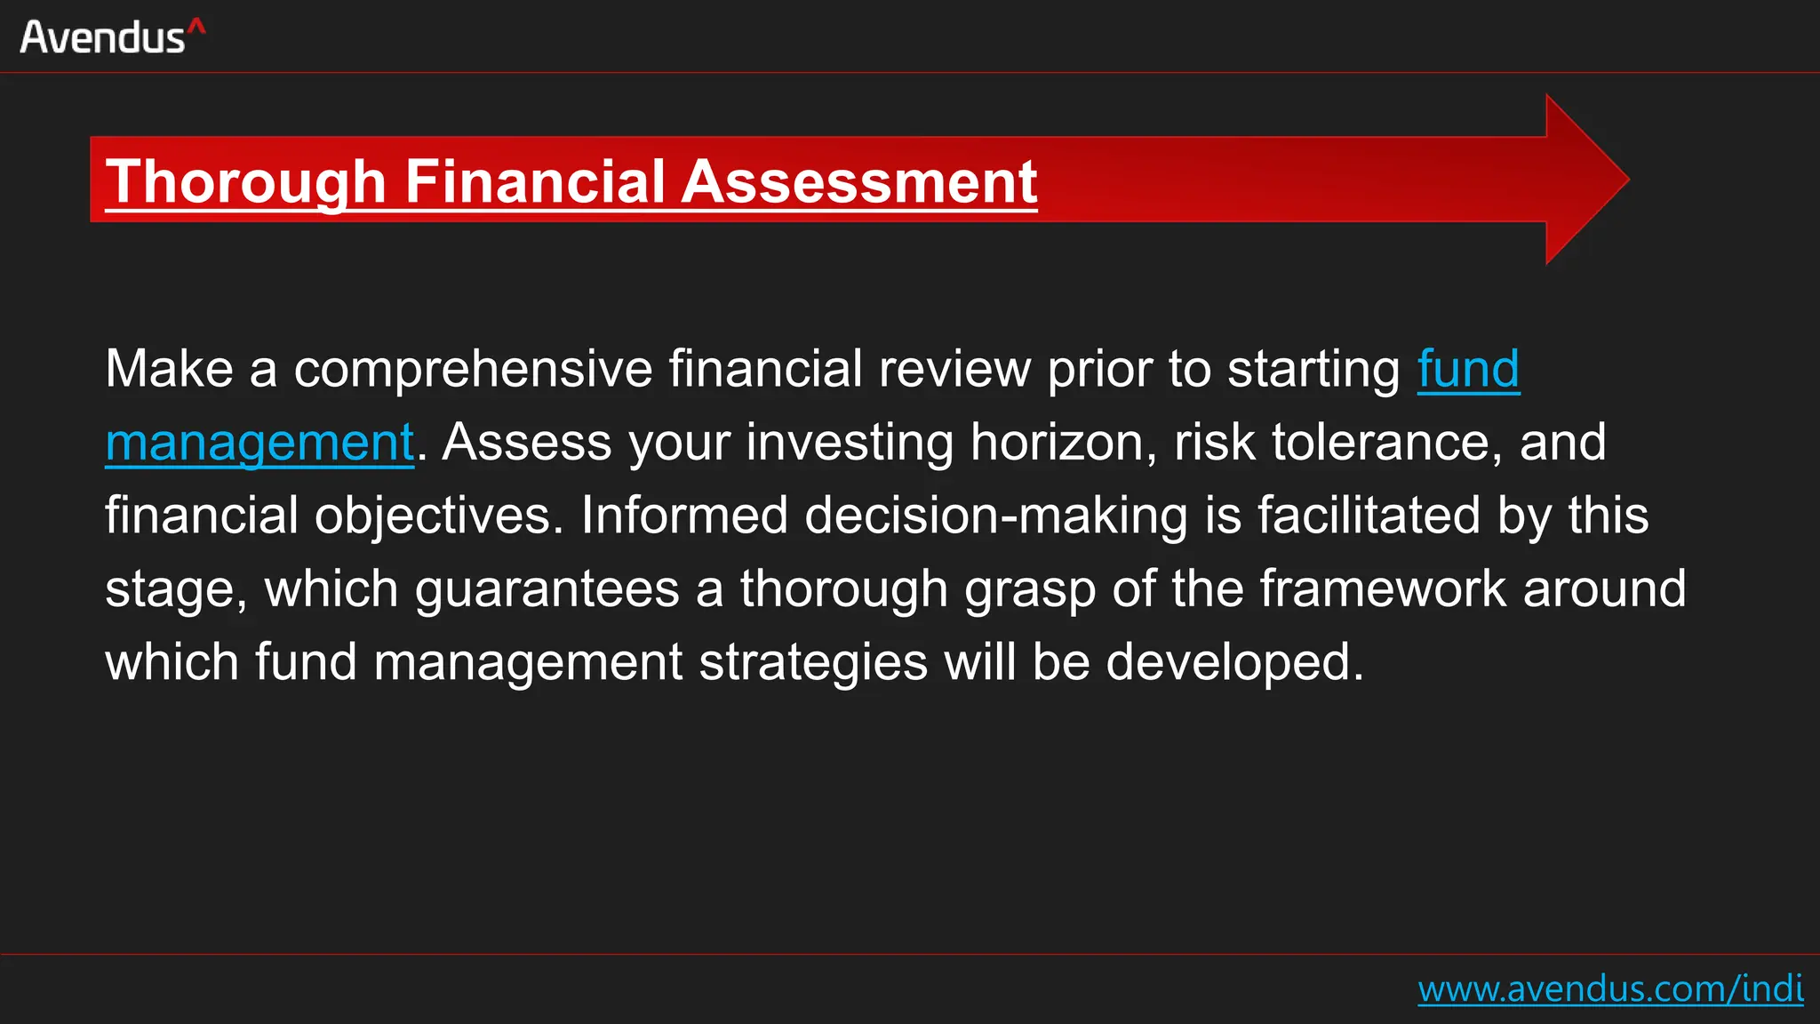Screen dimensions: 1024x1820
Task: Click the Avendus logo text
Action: (102, 37)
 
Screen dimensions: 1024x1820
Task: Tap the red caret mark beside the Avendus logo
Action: (197, 28)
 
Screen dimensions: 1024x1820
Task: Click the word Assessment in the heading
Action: (859, 182)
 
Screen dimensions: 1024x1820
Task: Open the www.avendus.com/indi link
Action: (1609, 988)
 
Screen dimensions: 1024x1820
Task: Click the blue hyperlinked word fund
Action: (1468, 369)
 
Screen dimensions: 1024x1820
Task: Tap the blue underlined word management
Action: (259, 443)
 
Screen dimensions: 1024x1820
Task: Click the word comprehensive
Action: (474, 369)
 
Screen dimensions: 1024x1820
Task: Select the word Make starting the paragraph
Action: (169, 369)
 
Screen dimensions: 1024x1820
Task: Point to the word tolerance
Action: (1380, 443)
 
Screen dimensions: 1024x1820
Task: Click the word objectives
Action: (439, 516)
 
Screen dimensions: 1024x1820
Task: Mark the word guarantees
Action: (547, 589)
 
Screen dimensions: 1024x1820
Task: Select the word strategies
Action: (813, 663)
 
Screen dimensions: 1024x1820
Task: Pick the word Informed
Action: (684, 516)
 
